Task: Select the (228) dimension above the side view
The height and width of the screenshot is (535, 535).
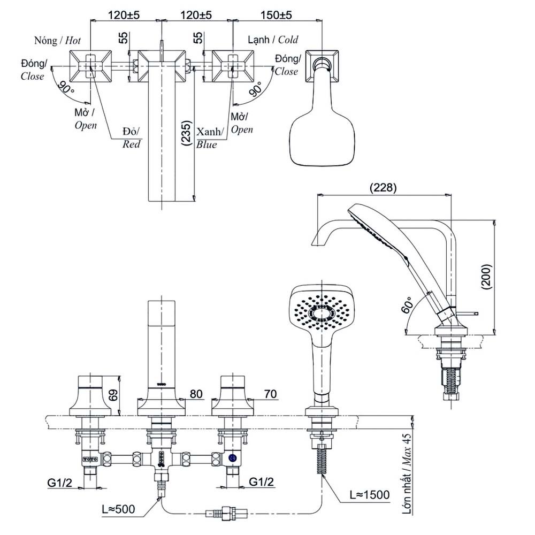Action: pos(383,187)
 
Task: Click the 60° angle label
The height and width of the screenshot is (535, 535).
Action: pos(408,305)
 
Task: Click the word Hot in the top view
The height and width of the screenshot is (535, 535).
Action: pos(73,40)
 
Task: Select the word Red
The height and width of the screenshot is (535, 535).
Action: pos(131,144)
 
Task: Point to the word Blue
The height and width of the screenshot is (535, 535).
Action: pos(207,144)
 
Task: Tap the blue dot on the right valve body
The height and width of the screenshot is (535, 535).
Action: pos(233,458)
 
